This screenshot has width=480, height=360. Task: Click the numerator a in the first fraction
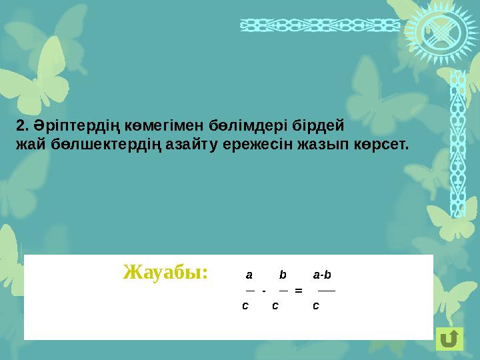click(x=249, y=275)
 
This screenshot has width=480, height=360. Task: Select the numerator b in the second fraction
click(x=283, y=275)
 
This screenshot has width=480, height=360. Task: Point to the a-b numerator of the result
click(x=323, y=275)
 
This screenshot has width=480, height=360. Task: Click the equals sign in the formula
click(x=298, y=291)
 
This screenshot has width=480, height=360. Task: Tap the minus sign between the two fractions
click(x=265, y=291)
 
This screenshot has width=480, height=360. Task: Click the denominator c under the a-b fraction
click(x=316, y=306)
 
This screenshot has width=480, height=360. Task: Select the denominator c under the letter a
click(x=245, y=306)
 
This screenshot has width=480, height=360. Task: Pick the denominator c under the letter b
click(x=275, y=306)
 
